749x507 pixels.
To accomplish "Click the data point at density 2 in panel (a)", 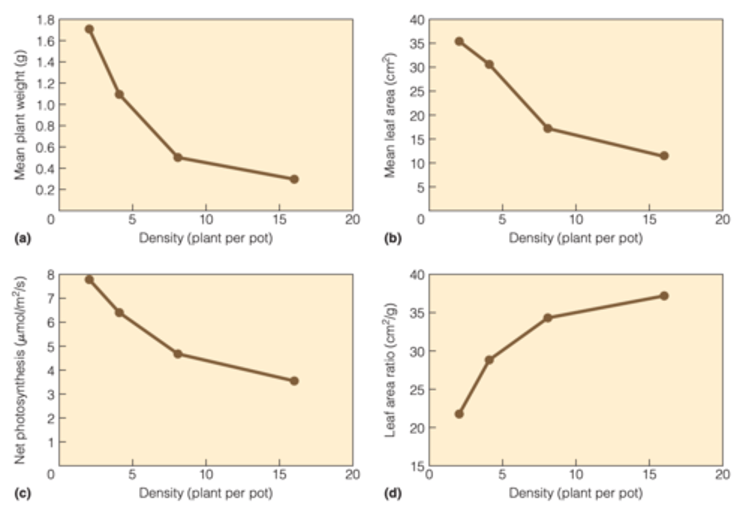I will pyautogui.click(x=89, y=29).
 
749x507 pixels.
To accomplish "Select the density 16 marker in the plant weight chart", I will pyautogui.click(x=294, y=179).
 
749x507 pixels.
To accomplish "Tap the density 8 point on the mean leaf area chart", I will pyautogui.click(x=548, y=128).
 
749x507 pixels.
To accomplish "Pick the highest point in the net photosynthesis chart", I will pyautogui.click(x=89, y=279).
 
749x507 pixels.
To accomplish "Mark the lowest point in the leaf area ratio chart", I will pyautogui.click(x=459, y=414).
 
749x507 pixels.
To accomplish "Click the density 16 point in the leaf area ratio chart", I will pyautogui.click(x=664, y=296).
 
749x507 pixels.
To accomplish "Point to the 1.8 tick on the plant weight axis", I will pyautogui.click(x=45, y=20).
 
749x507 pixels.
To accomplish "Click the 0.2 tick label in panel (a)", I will pyautogui.click(x=45, y=190).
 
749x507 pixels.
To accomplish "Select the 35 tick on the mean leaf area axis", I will pyautogui.click(x=417, y=43).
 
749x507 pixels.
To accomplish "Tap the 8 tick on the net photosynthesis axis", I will pyautogui.click(x=50, y=274).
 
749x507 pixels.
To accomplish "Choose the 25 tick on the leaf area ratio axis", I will pyautogui.click(x=417, y=390).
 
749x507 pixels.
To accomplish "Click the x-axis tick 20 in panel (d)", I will pyautogui.click(x=722, y=474).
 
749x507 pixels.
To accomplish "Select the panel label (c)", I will pyautogui.click(x=22, y=493).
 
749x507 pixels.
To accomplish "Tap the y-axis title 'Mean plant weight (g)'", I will pyautogui.click(x=20, y=115).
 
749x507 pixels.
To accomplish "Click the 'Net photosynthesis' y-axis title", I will pyautogui.click(x=20, y=370).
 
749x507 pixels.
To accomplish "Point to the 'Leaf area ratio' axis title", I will pyautogui.click(x=390, y=370).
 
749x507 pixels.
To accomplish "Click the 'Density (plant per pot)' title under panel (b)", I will pyautogui.click(x=575, y=238).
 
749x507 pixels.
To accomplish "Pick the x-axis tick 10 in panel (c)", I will pyautogui.click(x=206, y=474).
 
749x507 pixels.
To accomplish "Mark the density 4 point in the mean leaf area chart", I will pyautogui.click(x=489, y=64).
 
